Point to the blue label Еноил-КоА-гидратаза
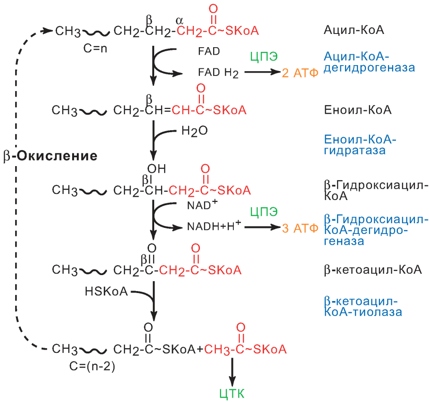pos(360,145)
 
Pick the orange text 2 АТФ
pos(300,73)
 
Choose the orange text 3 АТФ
pos(300,229)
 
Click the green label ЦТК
pos(232,393)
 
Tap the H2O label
pos(194,131)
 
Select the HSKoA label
pos(106,292)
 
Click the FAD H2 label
pos(218,73)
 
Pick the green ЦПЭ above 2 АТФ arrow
pos(263,56)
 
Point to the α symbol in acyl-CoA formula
pos(179,20)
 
